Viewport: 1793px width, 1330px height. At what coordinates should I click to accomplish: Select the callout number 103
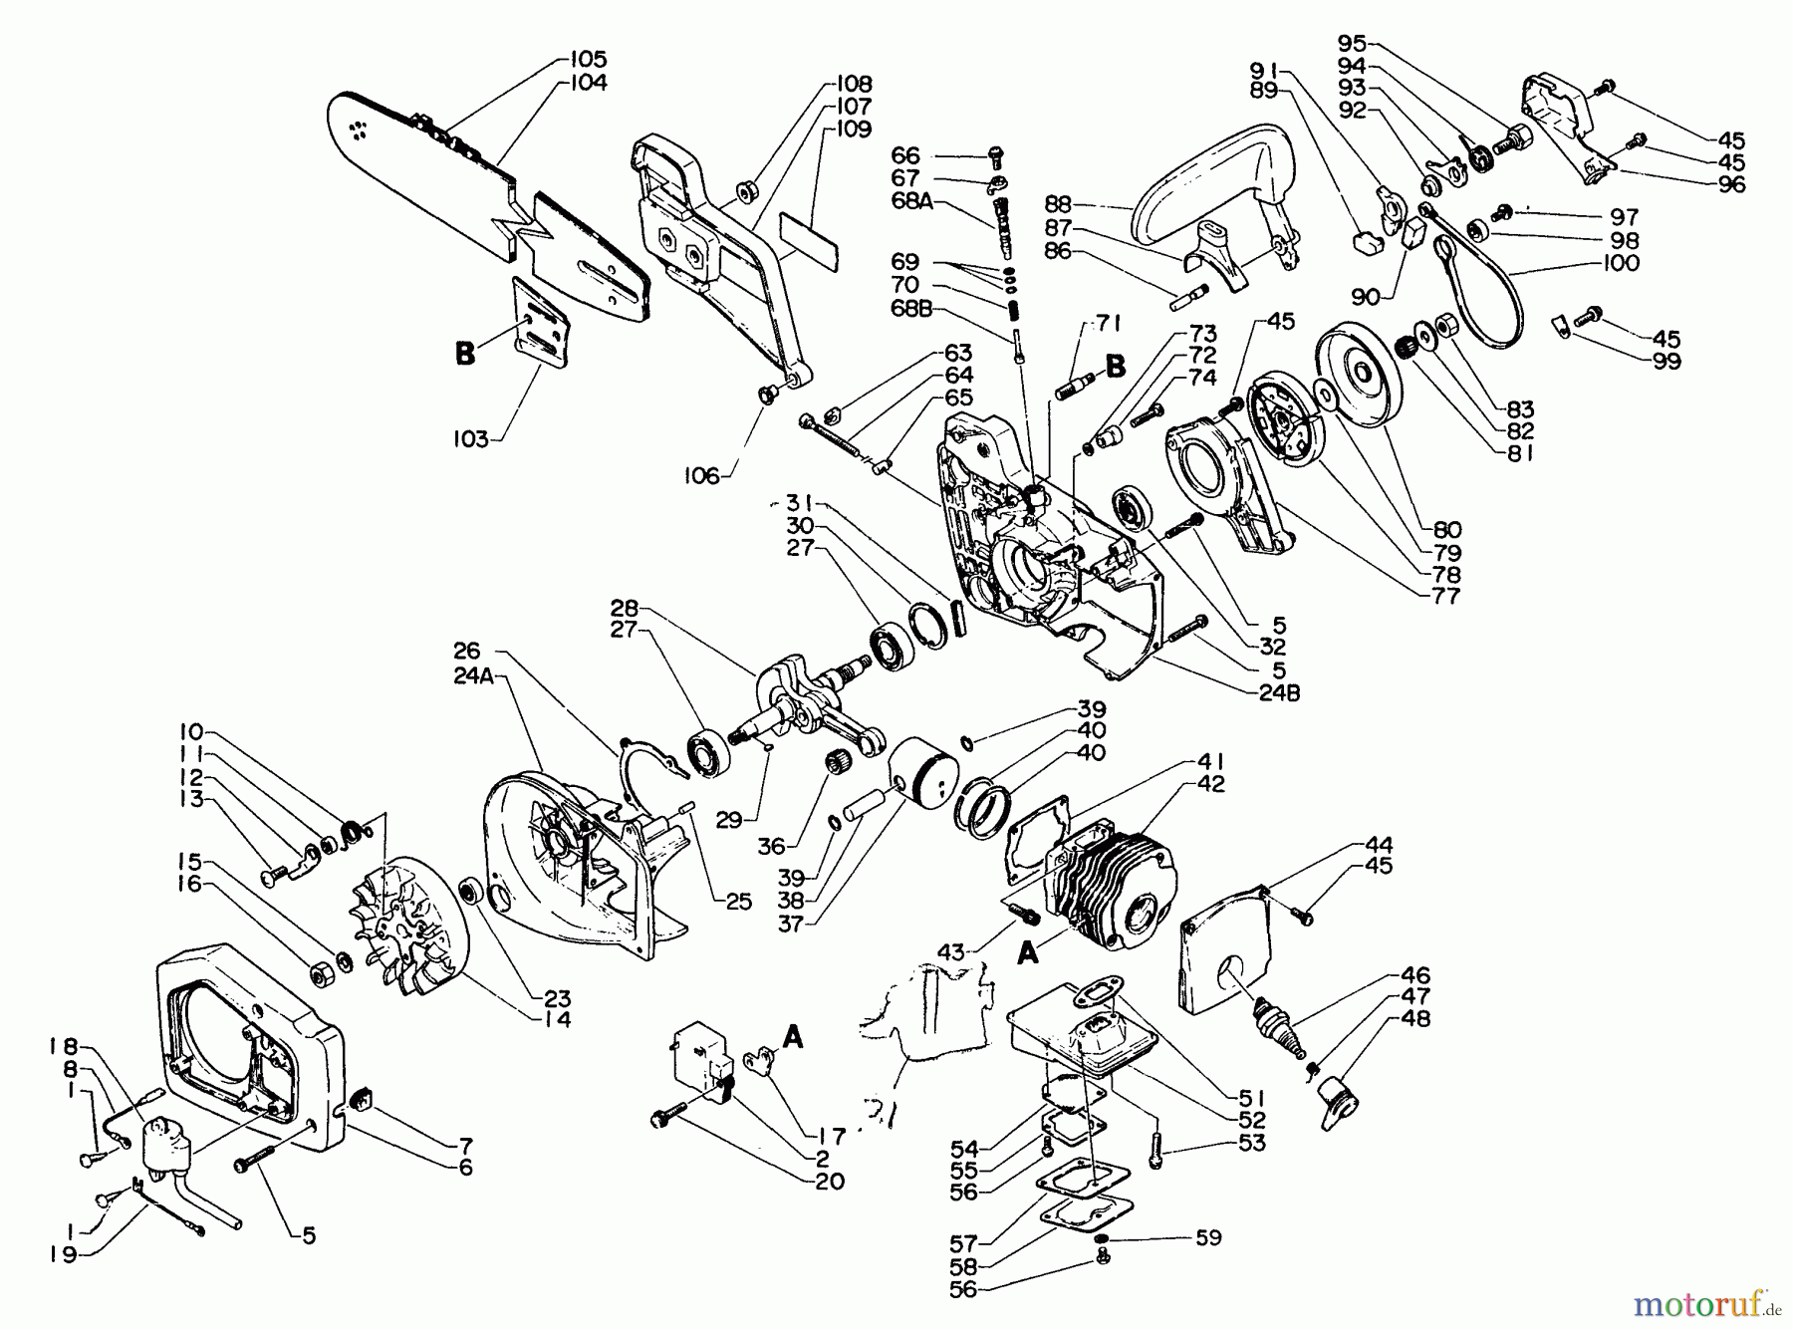click(471, 438)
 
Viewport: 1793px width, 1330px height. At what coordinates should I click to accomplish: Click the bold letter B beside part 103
click(465, 354)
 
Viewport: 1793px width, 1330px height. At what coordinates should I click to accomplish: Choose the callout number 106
click(701, 476)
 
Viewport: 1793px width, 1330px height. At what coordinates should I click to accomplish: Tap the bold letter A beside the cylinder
click(1028, 954)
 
